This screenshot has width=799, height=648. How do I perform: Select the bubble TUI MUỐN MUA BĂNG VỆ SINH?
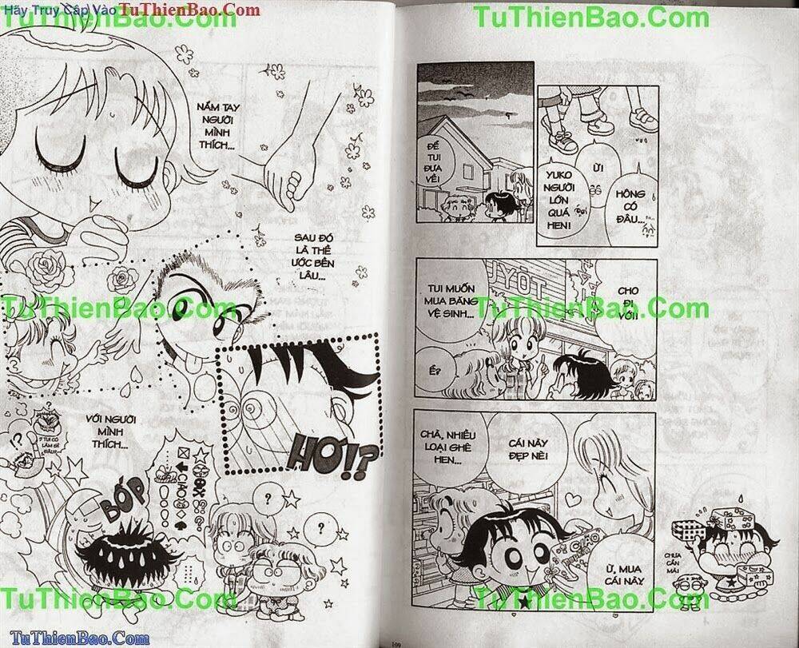click(443, 301)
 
